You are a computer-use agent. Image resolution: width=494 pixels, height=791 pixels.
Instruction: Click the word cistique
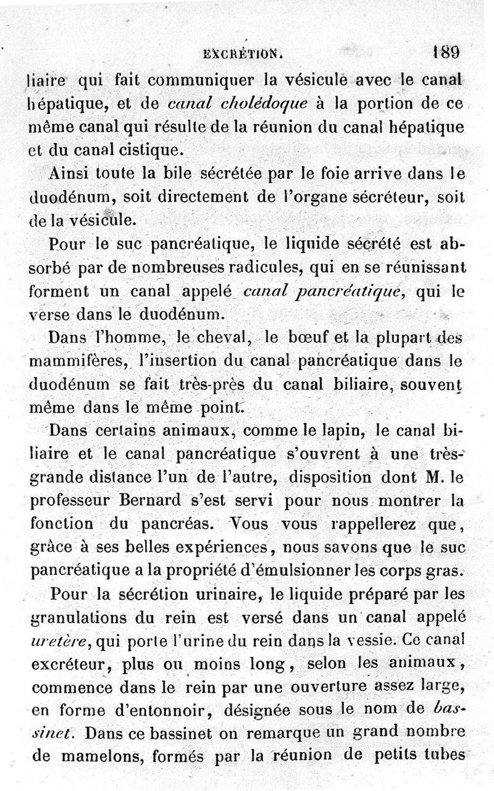151,149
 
